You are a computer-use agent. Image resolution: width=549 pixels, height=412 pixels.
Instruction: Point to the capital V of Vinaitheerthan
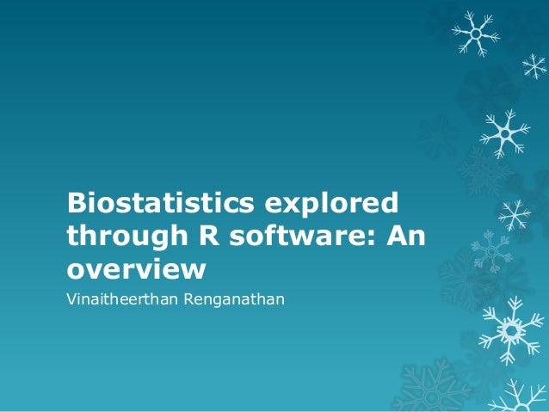pos(72,299)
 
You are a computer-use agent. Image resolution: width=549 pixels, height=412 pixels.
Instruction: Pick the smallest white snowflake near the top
pos(534,65)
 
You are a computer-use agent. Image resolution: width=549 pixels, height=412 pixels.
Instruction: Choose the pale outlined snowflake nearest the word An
pos(491,250)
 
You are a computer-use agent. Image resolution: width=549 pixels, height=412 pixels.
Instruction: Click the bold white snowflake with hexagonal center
pos(511,329)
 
